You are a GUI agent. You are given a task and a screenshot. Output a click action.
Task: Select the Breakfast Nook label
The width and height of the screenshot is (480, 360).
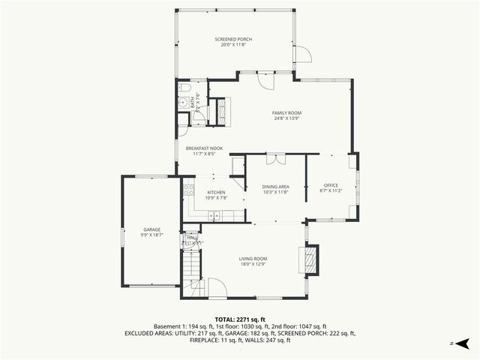(x=204, y=151)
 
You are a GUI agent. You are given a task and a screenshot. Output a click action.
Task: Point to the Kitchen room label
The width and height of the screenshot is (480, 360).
(x=216, y=195)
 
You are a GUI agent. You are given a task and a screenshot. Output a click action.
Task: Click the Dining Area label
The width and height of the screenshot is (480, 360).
(x=275, y=189)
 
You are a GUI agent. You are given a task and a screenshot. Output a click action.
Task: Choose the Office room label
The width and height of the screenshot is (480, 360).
(x=331, y=187)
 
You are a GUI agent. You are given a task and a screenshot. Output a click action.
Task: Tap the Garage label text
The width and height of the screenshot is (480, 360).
(x=152, y=232)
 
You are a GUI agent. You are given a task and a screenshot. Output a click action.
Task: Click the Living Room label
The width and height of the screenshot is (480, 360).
(x=253, y=262)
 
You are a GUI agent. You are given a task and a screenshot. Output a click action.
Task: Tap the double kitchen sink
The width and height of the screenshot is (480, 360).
(x=214, y=217)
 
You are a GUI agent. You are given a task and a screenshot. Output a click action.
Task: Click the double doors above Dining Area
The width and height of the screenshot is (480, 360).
(x=275, y=159)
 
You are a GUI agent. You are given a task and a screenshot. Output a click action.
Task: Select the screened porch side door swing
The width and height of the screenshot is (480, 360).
(x=301, y=55)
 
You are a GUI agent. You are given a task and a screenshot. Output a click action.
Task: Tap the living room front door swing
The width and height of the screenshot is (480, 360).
(x=217, y=288)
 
